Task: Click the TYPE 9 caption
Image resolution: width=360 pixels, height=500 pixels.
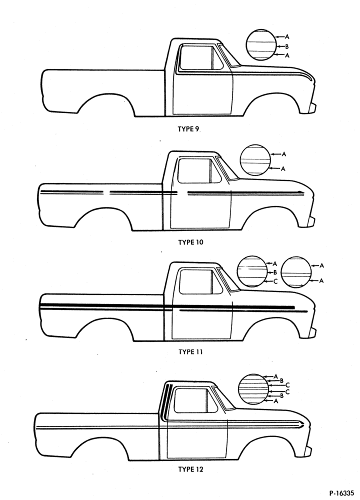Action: point(188,129)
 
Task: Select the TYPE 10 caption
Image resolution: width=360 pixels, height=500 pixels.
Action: point(190,242)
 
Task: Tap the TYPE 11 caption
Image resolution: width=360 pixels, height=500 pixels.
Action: point(190,352)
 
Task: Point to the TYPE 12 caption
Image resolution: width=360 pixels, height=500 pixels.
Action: point(190,469)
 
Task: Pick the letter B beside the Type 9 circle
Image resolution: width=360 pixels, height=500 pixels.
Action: point(287,46)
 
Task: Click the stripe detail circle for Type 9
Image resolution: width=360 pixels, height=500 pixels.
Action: point(260,44)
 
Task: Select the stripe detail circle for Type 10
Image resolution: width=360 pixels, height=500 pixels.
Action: point(255,160)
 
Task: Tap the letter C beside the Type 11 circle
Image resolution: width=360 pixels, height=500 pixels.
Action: point(275,281)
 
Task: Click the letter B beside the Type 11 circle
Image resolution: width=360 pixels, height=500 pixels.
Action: point(275,272)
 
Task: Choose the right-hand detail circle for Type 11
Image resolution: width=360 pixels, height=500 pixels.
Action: point(296,272)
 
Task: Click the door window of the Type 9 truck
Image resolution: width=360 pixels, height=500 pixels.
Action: point(201,57)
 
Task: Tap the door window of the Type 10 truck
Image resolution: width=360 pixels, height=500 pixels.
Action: point(198,170)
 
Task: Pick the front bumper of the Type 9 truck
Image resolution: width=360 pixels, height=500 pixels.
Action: point(312,108)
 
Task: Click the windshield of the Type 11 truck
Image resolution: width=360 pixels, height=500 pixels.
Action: point(228,279)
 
